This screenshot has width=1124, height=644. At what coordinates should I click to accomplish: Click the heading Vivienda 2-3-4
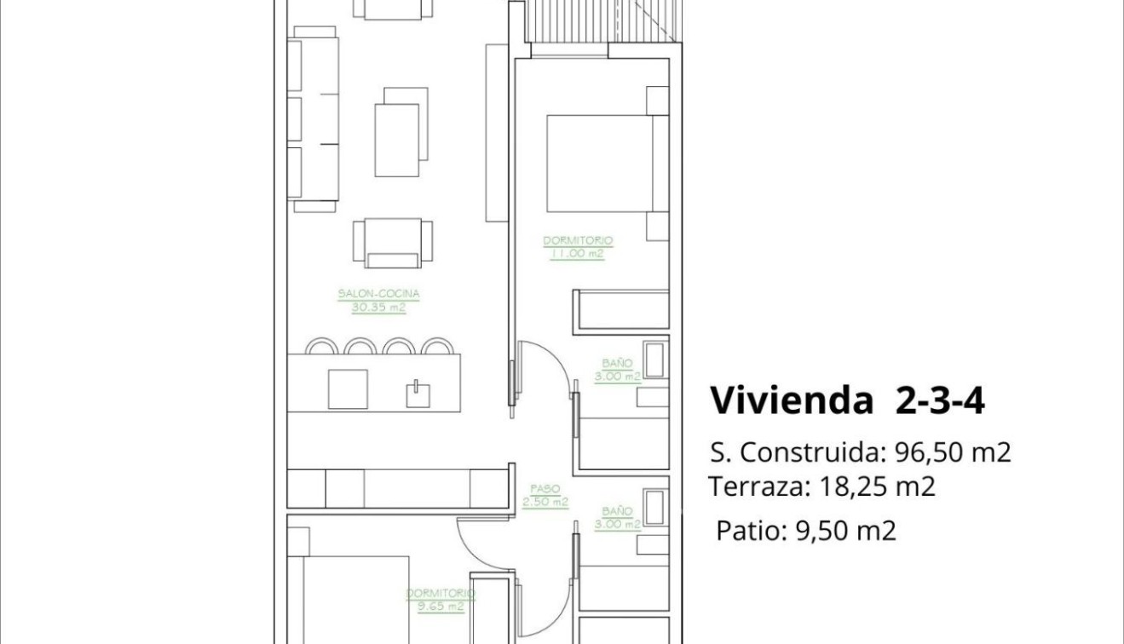pyautogui.click(x=847, y=400)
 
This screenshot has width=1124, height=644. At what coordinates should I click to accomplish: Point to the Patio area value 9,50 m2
pyautogui.click(x=845, y=531)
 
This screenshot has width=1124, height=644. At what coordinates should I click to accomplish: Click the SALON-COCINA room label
pyautogui.click(x=378, y=294)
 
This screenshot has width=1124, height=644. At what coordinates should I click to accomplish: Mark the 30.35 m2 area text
pyautogui.click(x=378, y=308)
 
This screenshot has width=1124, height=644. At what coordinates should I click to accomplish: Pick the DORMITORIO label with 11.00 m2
pyautogui.click(x=578, y=241)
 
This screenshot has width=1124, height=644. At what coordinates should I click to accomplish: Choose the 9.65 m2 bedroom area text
pyautogui.click(x=441, y=607)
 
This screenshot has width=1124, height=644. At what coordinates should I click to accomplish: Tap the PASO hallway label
pyautogui.click(x=545, y=489)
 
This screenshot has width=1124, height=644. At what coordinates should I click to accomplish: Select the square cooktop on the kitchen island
pyautogui.click(x=348, y=388)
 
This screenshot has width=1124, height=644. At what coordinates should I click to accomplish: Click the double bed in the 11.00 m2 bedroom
pyautogui.click(x=601, y=163)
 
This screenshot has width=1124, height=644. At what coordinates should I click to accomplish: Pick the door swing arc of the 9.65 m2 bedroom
pyautogui.click(x=481, y=545)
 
